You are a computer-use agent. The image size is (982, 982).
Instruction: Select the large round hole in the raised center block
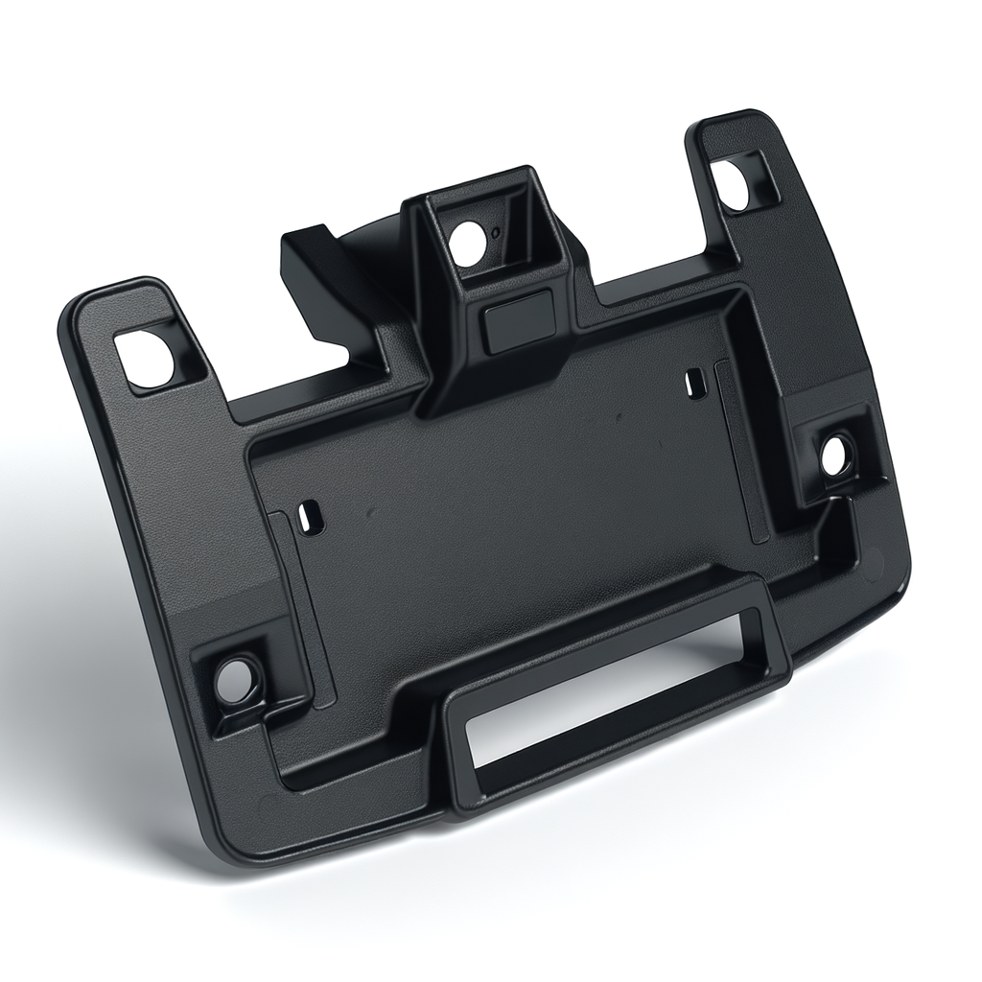tap(468, 244)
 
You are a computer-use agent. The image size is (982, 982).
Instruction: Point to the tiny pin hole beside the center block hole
tap(495, 232)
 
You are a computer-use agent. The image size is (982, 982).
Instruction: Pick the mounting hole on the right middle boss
tap(837, 456)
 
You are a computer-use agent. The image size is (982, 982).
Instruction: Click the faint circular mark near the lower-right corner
tap(874, 565)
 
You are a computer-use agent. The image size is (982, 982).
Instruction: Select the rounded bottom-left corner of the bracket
tap(225, 844)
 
